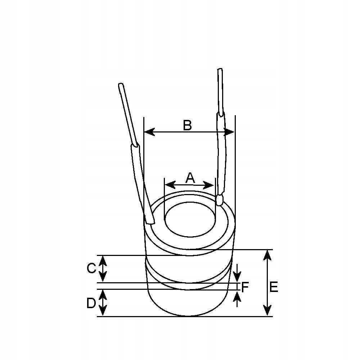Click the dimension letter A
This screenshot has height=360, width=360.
point(190,178)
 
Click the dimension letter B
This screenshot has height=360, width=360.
point(187,125)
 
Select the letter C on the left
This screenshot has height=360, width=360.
point(91,268)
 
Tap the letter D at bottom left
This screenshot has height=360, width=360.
point(91,303)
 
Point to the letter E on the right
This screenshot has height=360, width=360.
point(274,287)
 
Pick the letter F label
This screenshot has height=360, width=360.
point(245,287)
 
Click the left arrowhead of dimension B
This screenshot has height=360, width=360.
point(149,132)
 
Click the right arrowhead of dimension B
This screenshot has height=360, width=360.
point(229,132)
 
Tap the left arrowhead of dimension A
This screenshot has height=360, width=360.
point(170,185)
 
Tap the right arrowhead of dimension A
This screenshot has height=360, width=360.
point(209,185)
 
